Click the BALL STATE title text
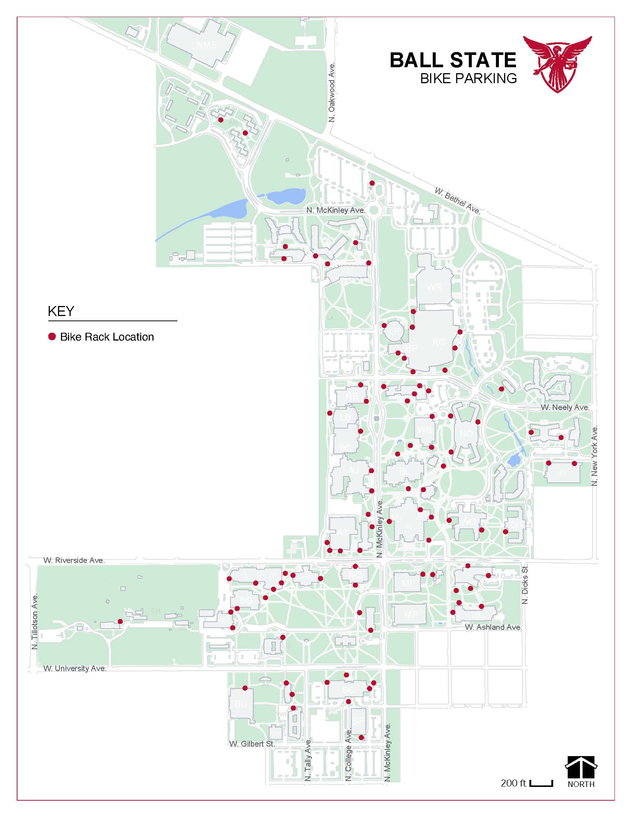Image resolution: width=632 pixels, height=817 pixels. tap(453, 60)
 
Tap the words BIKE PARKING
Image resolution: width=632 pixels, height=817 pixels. tap(468, 79)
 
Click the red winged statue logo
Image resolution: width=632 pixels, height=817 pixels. tap(558, 64)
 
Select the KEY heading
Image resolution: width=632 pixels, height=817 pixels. tap(61, 311)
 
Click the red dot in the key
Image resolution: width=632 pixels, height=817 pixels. tap(52, 336)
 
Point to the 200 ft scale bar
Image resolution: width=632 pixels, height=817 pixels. tap(541, 782)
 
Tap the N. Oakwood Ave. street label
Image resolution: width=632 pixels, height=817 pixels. tap(332, 92)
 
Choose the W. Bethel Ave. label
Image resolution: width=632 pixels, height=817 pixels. tap(457, 201)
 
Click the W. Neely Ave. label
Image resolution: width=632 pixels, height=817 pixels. tap(565, 407)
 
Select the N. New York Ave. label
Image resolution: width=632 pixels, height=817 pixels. tap(594, 455)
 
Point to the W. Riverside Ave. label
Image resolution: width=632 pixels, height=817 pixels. tap(74, 560)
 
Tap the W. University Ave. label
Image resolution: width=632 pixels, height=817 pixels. tap(75, 668)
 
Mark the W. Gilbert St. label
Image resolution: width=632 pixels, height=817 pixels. tap(252, 744)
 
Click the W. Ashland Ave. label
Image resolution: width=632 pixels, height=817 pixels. tap(493, 627)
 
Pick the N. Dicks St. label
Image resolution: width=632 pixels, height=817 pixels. tap(525, 584)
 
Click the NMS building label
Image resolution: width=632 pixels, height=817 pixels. tap(207, 45)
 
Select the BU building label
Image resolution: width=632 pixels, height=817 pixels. tap(241, 704)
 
